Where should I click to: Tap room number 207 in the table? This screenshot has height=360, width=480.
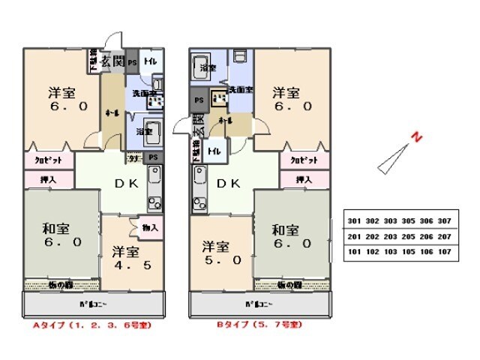pyautogui.click(x=444, y=237)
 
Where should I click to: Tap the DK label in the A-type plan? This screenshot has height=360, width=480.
pyautogui.click(x=124, y=183)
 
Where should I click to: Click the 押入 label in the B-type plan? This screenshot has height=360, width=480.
pyautogui.click(x=304, y=179)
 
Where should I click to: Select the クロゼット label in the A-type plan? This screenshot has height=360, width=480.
pyautogui.click(x=48, y=160)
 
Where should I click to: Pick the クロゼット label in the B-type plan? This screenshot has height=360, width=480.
pyautogui.click(x=304, y=160)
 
